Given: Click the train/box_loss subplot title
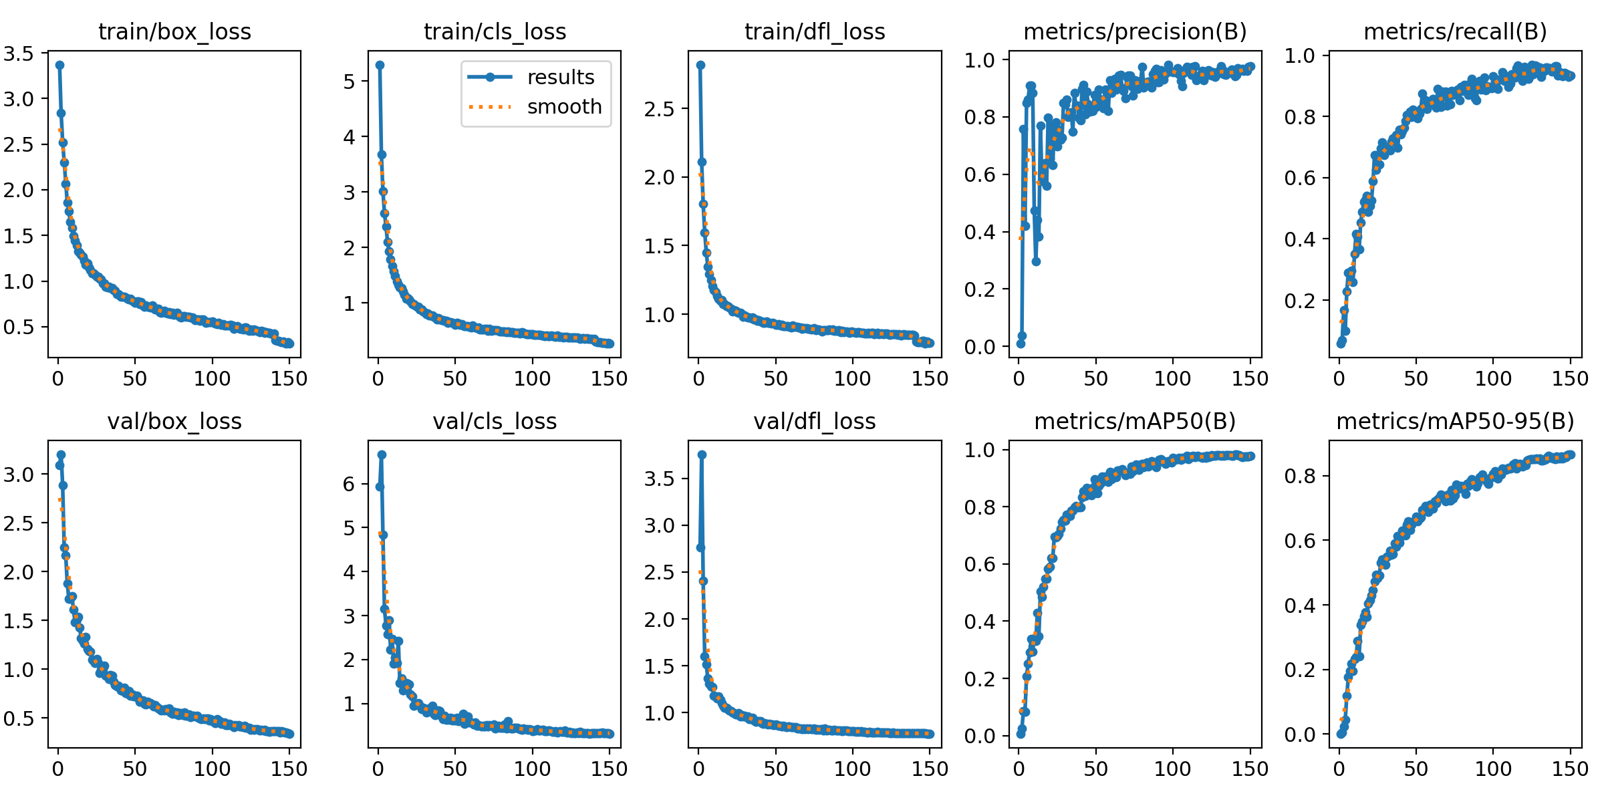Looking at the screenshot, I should coord(174,31).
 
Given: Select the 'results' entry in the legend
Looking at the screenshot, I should coord(560,78).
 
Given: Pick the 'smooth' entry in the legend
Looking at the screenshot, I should coord(564,107).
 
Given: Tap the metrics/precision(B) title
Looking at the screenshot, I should coord(1135,31).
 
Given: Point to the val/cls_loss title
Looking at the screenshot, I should coord(495,421).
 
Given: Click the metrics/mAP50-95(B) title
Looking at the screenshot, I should coord(1455,421).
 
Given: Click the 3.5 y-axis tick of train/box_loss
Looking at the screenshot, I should coord(18,53).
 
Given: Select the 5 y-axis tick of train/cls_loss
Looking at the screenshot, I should coord(349,82).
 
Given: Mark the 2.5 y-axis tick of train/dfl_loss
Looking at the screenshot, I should coord(659,109).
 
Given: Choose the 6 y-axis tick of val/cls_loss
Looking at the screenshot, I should coord(349,484).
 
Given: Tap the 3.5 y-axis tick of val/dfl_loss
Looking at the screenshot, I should coord(659,479).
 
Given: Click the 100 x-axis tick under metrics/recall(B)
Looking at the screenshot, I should coord(1493,379).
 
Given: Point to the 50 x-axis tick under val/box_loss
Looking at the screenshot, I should coord(135,769).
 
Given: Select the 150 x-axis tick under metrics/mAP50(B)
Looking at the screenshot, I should coord(1250,769).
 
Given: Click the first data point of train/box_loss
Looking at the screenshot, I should coord(59,65).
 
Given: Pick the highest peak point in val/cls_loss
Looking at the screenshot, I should coord(382,454).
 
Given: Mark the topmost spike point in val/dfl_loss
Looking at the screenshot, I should coord(702,454).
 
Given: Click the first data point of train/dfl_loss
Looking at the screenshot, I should coord(700,65).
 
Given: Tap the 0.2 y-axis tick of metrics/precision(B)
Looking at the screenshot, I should coord(979,289).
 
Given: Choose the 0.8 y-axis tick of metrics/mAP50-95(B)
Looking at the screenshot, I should coord(1299,476).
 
